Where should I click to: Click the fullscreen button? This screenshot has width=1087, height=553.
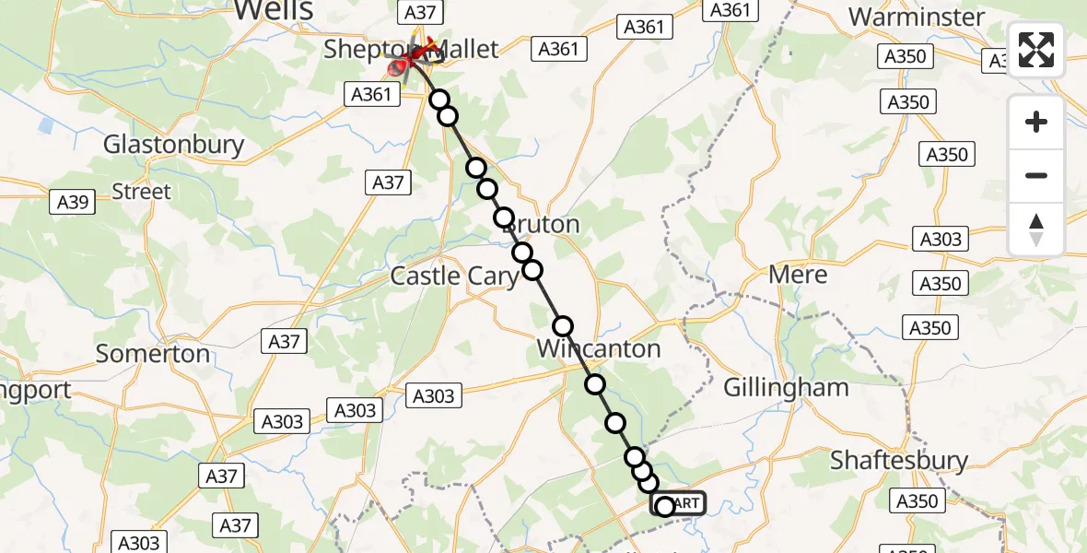1036,50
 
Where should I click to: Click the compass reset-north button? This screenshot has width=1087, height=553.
1036,229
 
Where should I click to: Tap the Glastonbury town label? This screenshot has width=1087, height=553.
174,145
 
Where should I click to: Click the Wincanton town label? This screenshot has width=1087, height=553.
599,349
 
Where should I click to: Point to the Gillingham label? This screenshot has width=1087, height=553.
786,387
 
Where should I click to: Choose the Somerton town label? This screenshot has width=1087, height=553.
153,354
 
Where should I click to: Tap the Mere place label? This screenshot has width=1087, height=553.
798,275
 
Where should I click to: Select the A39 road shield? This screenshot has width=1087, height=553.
72,203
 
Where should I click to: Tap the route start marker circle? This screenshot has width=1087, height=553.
664,505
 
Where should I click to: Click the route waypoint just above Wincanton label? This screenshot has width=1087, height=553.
563,326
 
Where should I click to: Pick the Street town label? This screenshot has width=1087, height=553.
141,192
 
